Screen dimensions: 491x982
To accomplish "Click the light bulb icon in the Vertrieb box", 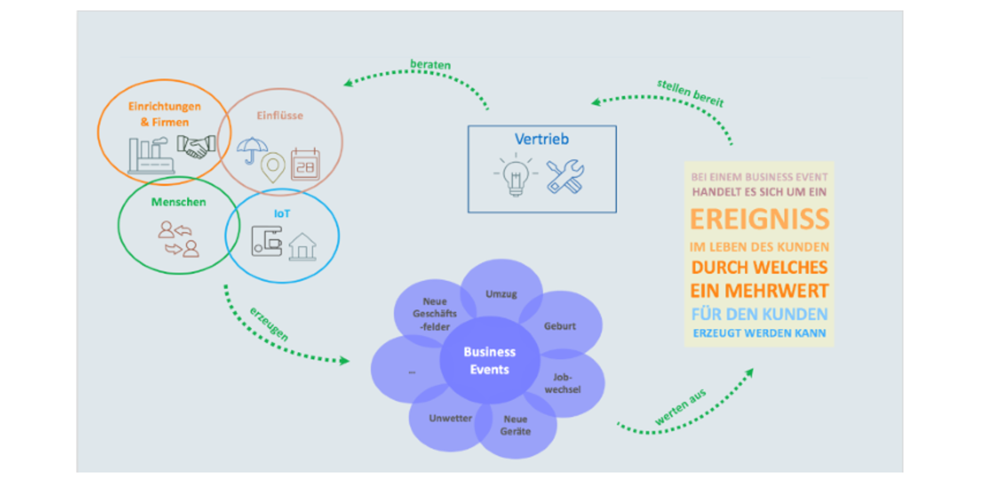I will pos(515,177).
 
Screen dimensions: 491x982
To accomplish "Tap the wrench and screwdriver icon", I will pos(565,176).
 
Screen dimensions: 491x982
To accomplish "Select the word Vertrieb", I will pos(541,139).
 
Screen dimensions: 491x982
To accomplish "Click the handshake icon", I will pos(196,147).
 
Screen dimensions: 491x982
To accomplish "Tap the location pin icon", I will pos(273,168).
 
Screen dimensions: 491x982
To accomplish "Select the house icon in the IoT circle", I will pos(303,247).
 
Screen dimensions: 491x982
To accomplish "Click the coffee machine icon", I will pos(266,241).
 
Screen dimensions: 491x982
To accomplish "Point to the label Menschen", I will pos(178,202).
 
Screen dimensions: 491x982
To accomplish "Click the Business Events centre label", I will pos(489,360).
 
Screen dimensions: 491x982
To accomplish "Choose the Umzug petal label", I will pos(501,294).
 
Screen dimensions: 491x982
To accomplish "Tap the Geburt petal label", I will pos(560,326).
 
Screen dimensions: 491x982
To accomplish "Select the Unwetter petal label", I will pos(450,418).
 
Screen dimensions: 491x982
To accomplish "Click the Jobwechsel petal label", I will pos(562,384).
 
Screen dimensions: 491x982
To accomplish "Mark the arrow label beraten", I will pos(430,65).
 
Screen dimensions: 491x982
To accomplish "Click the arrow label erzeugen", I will pos(269,324).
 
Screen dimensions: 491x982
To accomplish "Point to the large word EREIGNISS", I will pos(759,220).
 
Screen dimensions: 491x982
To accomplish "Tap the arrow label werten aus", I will pos(680,407).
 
